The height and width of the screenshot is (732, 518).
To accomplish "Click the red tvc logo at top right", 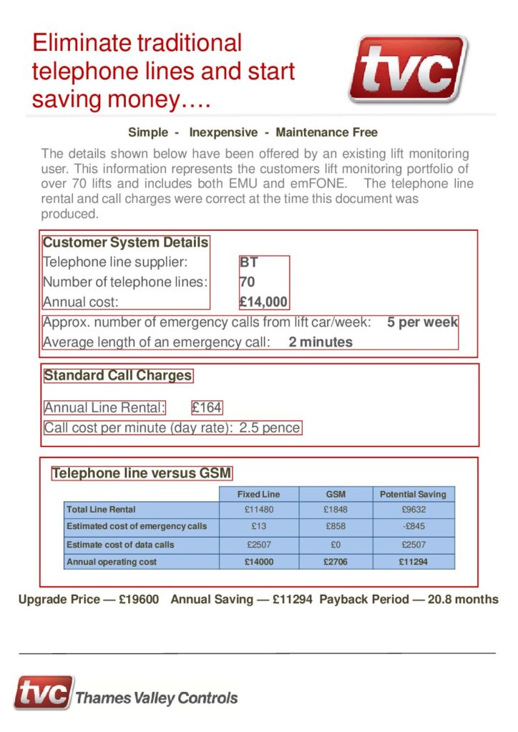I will (407, 69).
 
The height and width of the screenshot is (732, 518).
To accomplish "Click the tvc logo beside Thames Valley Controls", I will (44, 693).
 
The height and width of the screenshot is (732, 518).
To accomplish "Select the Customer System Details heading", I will (126, 242).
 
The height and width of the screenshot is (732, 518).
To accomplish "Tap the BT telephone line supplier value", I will (249, 262).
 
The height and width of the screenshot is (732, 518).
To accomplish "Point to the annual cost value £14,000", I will (263, 302).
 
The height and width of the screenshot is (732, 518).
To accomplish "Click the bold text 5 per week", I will (422, 322).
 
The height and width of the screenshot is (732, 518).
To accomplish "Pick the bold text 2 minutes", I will (321, 342).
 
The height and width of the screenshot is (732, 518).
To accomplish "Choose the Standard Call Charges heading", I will (118, 375).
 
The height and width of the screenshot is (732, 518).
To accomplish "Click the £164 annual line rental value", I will (207, 407).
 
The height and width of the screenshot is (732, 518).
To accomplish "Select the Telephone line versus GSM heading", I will (142, 473).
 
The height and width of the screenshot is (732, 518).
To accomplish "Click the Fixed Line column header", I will (258, 494).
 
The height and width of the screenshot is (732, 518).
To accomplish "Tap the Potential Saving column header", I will (413, 494).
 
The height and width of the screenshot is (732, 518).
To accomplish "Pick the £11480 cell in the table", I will (258, 510).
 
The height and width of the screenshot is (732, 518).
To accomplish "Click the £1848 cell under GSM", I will (336, 510).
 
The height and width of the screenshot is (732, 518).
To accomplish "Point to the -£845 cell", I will (413, 526).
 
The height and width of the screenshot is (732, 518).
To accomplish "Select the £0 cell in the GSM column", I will (336, 545).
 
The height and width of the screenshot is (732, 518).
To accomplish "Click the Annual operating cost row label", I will (112, 562).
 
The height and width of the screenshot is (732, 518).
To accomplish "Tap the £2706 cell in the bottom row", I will (336, 562).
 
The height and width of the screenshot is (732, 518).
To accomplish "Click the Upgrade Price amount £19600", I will (139, 599).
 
